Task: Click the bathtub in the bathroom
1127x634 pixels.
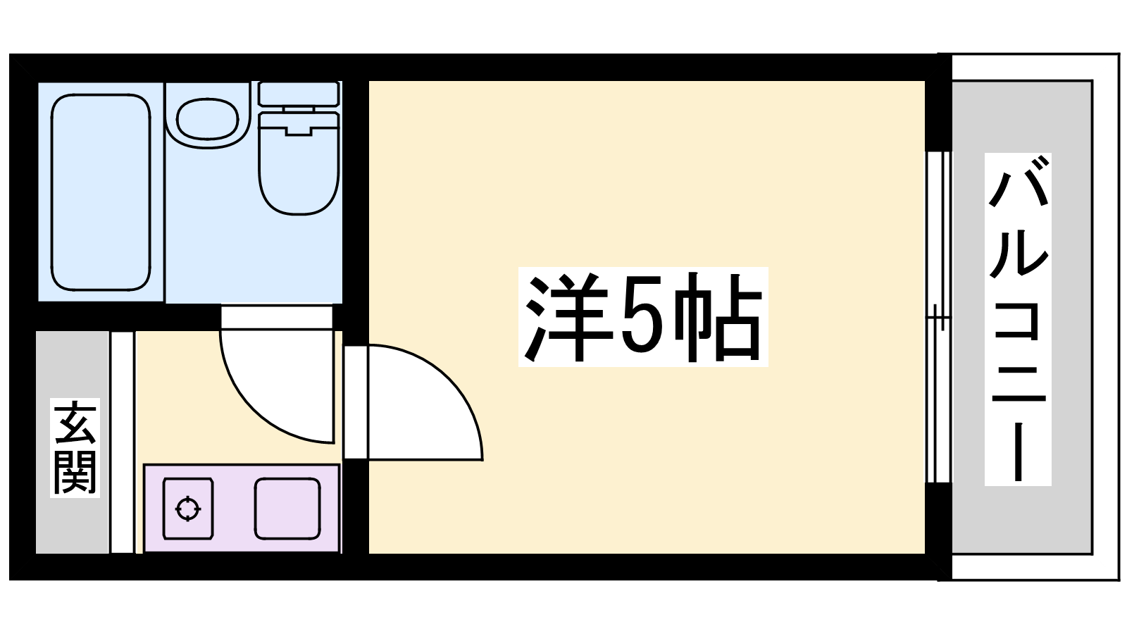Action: pyautogui.click(x=101, y=192)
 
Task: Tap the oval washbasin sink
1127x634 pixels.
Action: pyautogui.click(x=207, y=120)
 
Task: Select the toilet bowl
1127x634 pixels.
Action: pyautogui.click(x=299, y=163)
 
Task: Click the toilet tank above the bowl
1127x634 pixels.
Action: pyautogui.click(x=299, y=94)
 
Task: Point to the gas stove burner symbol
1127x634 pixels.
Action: pyautogui.click(x=187, y=509)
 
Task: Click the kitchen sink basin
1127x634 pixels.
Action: pyautogui.click(x=287, y=509)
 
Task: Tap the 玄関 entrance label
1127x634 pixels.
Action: pyautogui.click(x=75, y=448)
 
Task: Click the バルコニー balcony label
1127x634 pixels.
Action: pyautogui.click(x=1018, y=319)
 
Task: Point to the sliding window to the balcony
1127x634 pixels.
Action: pyautogui.click(x=939, y=317)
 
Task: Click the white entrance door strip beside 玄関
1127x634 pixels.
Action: pyautogui.click(x=123, y=442)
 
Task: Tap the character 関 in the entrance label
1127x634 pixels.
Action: pyautogui.click(x=75, y=473)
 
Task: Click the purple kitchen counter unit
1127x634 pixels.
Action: pyautogui.click(x=242, y=509)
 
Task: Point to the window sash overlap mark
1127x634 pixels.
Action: pyautogui.click(x=939, y=317)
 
